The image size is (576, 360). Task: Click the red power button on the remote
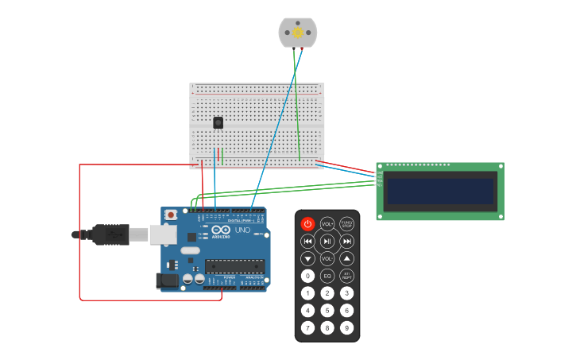(307, 224)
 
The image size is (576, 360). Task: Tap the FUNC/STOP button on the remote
(347, 224)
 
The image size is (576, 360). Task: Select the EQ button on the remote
(327, 276)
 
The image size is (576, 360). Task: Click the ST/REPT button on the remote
(347, 276)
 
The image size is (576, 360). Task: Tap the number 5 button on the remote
(327, 310)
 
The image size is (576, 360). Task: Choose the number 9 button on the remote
(347, 327)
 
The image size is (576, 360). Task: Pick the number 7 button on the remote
(307, 327)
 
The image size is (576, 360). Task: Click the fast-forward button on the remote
(347, 241)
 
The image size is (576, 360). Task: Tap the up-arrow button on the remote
(347, 258)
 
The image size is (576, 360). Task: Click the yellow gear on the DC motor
(298, 33)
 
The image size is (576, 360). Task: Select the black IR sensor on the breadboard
(218, 122)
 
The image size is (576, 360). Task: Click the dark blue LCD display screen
(440, 192)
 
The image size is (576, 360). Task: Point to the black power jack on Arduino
(168, 280)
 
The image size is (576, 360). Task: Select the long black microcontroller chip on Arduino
(235, 265)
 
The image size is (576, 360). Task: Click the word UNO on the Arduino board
(242, 230)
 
